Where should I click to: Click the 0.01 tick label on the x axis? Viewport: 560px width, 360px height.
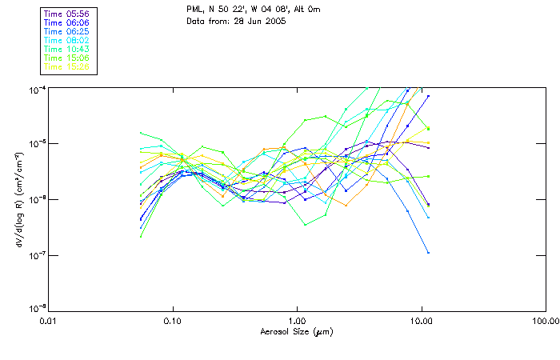[49, 322]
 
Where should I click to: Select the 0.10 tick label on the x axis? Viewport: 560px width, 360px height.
[173, 322]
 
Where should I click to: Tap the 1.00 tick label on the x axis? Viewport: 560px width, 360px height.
[298, 322]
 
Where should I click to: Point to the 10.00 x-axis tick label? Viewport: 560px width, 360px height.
[421, 322]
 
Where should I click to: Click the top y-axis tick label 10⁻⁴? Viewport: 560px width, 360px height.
[38, 88]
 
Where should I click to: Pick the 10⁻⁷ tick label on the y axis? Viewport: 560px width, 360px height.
[38, 256]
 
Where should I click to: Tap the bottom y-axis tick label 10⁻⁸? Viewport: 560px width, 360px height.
[38, 310]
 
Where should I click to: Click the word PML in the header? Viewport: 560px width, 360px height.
[195, 10]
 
